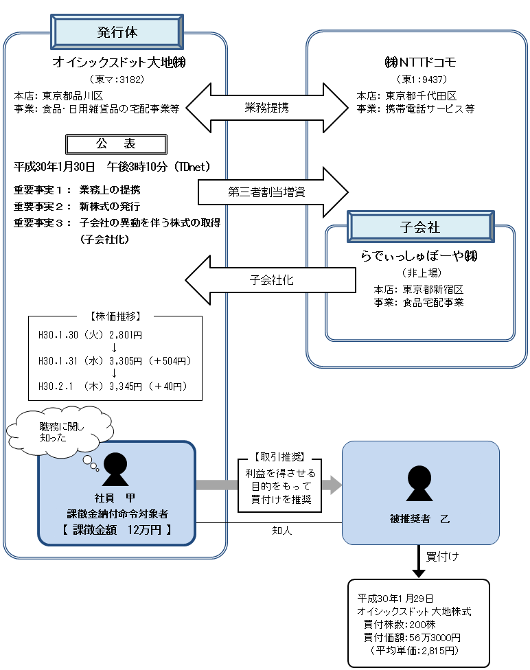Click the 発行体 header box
(117, 32)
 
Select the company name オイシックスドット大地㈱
(121, 63)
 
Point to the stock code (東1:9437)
(421, 80)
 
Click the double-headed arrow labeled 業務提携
(267, 107)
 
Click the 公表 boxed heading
(115, 144)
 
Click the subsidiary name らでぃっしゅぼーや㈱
(419, 257)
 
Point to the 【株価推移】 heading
(115, 317)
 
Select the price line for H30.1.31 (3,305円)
(115, 360)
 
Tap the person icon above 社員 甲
(115, 470)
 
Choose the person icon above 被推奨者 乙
(420, 483)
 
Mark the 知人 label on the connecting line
(282, 531)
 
